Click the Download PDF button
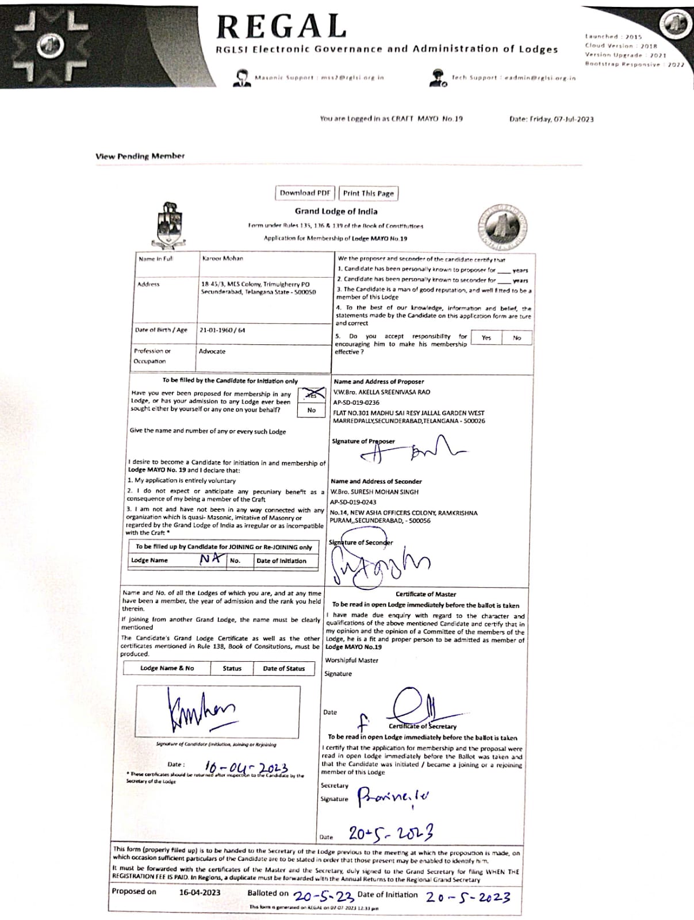[305, 193]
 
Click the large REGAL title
[281, 26]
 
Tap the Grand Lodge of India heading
[336, 212]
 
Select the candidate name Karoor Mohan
[223, 259]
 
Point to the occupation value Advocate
[212, 351]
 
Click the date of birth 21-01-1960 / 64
[222, 330]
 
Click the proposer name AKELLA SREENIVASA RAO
[381, 392]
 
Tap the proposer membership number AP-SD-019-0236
[356, 402]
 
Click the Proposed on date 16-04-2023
[200, 892]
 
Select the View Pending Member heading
[140, 156]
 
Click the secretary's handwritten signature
[393, 797]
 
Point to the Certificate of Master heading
[425, 594]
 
